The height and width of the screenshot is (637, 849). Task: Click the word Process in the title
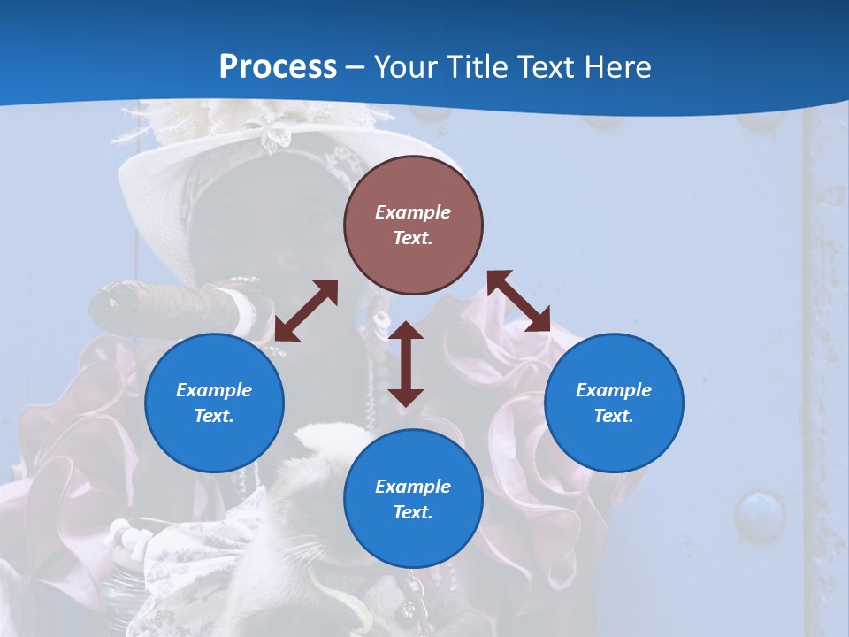pos(278,67)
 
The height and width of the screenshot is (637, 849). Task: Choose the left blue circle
pos(214,403)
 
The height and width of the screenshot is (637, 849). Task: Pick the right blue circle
pos(614,403)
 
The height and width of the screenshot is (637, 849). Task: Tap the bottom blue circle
pos(413,498)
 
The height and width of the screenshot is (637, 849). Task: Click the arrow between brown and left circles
pos(306,311)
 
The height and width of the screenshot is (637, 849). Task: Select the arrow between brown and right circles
pos(519,301)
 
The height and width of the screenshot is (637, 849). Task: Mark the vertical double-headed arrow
pos(406,364)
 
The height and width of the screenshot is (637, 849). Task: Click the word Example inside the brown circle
pos(413,212)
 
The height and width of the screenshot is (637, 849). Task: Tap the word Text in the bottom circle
pos(413,512)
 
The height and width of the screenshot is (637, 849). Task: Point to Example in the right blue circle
pos(614,390)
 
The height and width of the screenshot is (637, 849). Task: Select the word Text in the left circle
pos(214,416)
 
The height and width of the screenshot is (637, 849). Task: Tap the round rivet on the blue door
pos(759,513)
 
